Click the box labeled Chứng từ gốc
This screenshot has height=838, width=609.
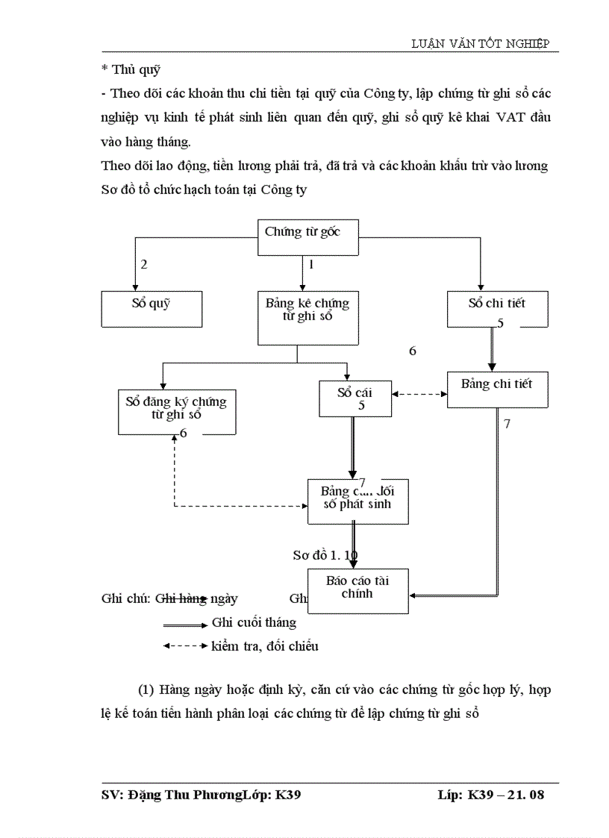[302, 231]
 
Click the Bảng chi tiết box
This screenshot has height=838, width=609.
[496, 386]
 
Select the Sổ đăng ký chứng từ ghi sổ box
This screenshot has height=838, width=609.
[176, 410]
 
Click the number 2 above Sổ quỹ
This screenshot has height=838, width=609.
[144, 264]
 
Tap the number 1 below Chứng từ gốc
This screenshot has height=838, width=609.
[311, 264]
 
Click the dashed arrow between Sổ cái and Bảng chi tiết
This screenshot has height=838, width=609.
[419, 395]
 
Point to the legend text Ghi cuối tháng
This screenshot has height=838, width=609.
[254, 622]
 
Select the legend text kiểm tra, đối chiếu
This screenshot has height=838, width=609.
[265, 646]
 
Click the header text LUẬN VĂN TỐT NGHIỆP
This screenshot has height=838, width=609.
[481, 44]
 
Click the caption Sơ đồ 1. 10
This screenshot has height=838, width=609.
[325, 555]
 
